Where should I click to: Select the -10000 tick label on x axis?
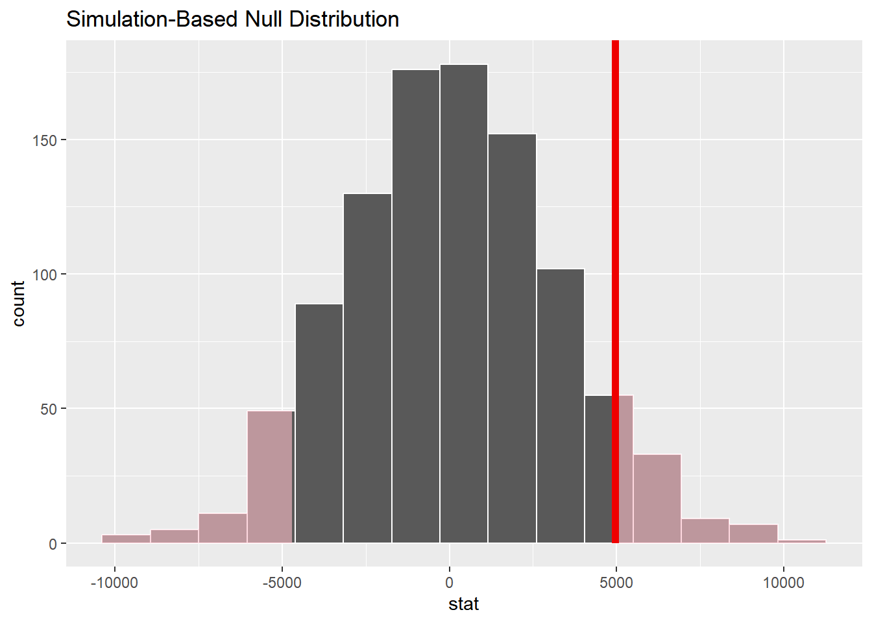coord(114,583)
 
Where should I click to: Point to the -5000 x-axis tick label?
coord(282,583)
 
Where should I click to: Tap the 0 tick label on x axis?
coord(449,583)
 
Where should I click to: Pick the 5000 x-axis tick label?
coord(616,583)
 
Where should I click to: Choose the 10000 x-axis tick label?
coord(783,583)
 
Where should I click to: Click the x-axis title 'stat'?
coord(463,604)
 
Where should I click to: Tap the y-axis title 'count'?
coord(18,303)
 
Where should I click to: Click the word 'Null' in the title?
coord(264,19)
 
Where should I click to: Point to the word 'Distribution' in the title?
coord(344,19)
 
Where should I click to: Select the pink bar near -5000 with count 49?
coord(271,477)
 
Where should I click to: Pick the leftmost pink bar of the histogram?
coord(126,539)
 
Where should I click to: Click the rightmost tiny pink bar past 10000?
coord(802,541)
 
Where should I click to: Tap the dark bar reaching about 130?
coord(367,369)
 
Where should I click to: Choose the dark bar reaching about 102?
coord(561,406)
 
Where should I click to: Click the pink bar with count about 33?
coord(657,498)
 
